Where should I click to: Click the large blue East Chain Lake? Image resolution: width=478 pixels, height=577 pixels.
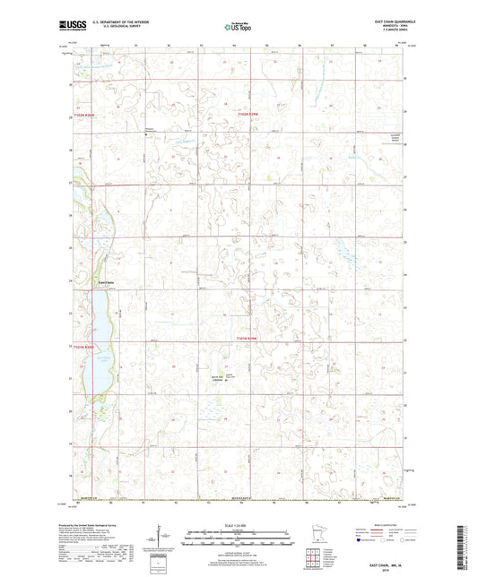(97, 332)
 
